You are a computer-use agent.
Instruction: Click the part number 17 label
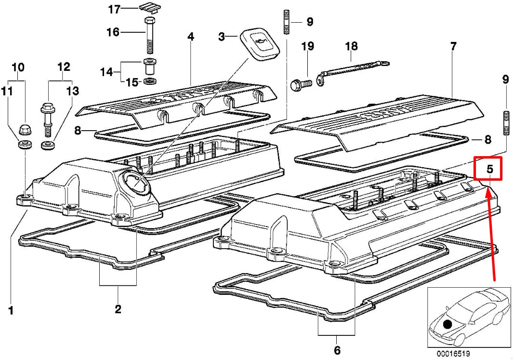tap(114, 9)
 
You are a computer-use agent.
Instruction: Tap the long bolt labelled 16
tap(149, 36)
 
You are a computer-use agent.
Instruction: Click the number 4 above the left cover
tap(191, 36)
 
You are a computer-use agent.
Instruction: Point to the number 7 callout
tap(453, 47)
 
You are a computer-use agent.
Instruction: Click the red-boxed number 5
tap(488, 169)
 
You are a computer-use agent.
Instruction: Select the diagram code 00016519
tap(454, 353)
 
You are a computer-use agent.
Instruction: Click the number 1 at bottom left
tap(11, 311)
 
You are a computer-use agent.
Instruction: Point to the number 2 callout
tap(118, 309)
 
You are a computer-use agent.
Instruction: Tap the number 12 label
tap(64, 67)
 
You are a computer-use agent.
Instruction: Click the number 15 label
tap(132, 82)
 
